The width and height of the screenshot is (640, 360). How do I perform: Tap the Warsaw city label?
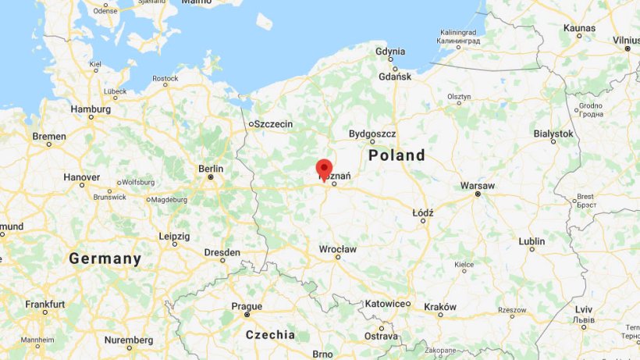click(x=478, y=186)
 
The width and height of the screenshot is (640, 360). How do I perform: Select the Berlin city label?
click(x=211, y=169)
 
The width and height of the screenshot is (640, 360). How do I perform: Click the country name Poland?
click(x=396, y=155)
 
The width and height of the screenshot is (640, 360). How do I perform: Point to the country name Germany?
click(x=105, y=258)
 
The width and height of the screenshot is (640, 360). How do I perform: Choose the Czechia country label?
click(x=270, y=335)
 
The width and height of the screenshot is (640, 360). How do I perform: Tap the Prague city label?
click(x=247, y=306)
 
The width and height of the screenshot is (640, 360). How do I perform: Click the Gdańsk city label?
click(x=394, y=77)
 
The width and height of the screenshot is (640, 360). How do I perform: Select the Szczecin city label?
click(x=274, y=124)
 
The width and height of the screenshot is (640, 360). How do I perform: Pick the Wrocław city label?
click(x=337, y=249)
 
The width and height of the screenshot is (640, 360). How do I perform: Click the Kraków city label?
click(x=440, y=307)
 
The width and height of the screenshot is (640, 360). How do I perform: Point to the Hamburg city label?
click(x=91, y=109)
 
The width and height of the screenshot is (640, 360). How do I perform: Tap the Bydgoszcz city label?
click(x=372, y=134)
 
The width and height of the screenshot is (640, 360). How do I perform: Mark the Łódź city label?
click(x=422, y=212)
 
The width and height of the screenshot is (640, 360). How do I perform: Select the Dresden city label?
click(x=222, y=252)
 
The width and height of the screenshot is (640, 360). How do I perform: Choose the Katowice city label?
click(x=385, y=303)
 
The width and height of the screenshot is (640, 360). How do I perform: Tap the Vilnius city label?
click(x=626, y=40)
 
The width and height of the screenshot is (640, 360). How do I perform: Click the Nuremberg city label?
click(x=129, y=340)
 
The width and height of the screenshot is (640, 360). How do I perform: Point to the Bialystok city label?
click(x=553, y=134)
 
